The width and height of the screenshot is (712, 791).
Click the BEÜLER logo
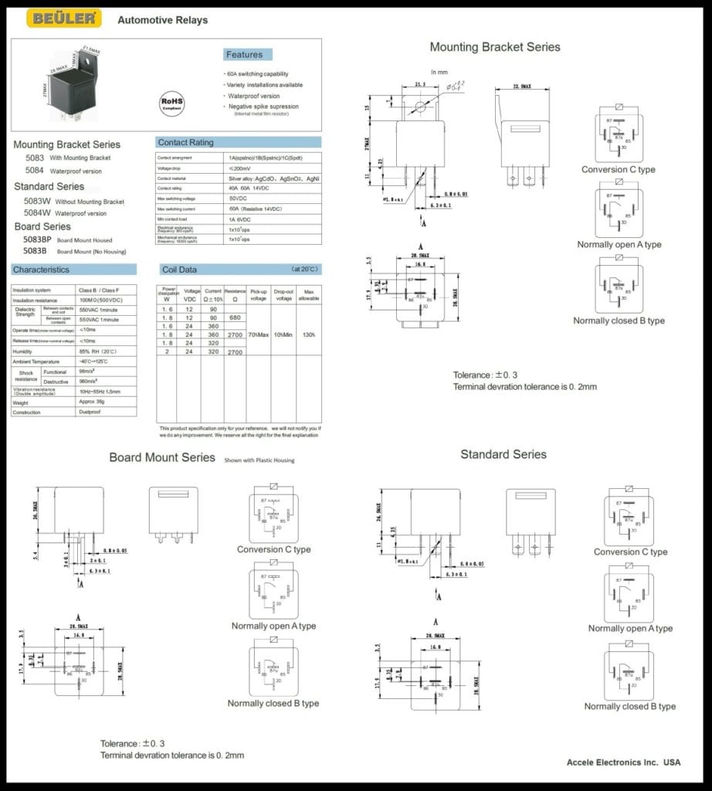(63, 19)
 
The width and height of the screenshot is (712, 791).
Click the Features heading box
(244, 55)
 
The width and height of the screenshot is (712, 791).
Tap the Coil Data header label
(179, 270)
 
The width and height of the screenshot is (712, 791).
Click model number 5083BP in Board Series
(36, 240)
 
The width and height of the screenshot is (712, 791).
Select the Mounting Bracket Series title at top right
(495, 47)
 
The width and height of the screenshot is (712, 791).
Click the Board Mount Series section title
(162, 457)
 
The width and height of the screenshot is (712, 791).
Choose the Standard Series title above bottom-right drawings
(503, 454)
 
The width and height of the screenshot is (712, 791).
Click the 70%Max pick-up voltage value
(259, 335)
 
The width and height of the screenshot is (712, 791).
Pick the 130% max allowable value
(309, 335)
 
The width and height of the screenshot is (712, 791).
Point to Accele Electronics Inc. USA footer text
(623, 762)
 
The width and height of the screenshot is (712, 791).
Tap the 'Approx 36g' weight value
(93, 402)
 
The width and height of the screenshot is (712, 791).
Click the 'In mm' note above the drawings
(439, 72)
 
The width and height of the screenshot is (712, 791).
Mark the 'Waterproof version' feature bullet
(253, 96)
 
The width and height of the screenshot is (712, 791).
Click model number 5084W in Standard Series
(39, 212)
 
